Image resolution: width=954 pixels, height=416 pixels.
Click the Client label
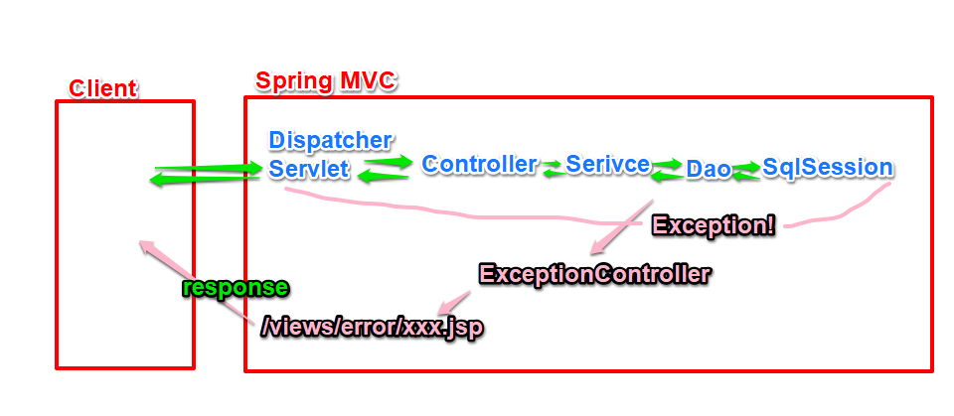[x=102, y=88]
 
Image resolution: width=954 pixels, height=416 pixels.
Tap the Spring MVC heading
[x=326, y=80]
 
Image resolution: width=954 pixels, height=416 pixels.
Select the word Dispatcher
[x=330, y=140]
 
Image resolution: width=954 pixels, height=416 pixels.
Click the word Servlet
[x=309, y=169]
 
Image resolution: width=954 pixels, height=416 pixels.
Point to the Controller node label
[x=479, y=164]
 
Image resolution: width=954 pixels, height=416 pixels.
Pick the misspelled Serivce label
[x=608, y=164]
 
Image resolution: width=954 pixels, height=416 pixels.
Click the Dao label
[x=709, y=170]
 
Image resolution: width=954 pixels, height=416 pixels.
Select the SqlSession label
[x=827, y=167]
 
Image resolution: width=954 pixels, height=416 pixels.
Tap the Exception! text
[x=713, y=224]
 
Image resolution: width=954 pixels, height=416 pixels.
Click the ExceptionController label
[x=594, y=273]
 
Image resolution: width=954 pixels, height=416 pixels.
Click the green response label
[x=236, y=288]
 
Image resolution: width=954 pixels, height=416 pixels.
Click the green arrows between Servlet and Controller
[x=386, y=168]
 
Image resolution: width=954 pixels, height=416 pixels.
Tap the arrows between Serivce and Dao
[x=668, y=169]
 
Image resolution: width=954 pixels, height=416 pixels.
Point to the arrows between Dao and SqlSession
[x=746, y=170]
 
